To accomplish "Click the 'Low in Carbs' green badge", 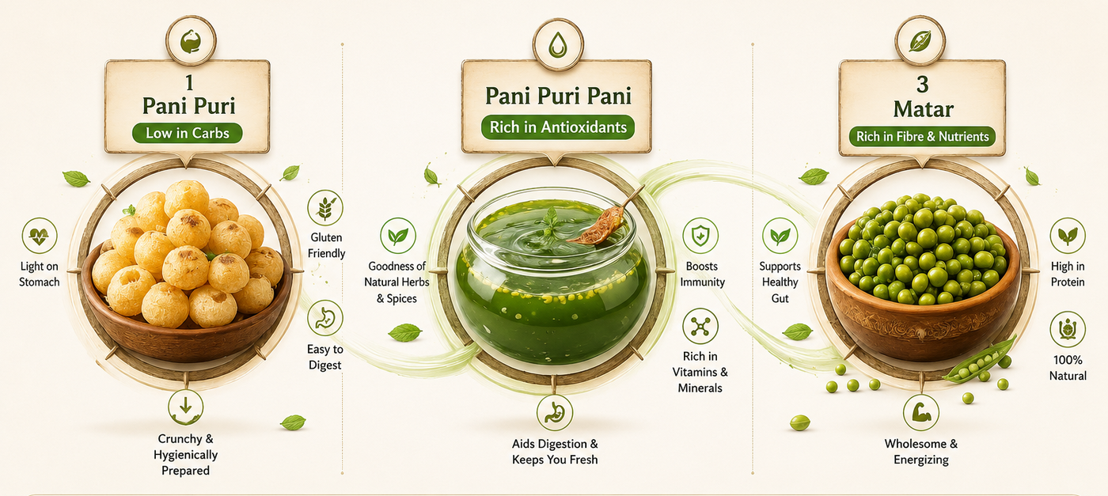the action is [187, 133].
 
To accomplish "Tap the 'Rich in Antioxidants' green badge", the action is [558, 127].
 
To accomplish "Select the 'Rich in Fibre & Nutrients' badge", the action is [923, 136].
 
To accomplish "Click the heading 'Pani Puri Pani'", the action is [558, 96].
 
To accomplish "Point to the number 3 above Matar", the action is [923, 84].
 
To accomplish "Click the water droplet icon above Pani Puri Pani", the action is [558, 45].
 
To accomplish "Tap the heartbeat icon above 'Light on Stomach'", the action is [40, 236].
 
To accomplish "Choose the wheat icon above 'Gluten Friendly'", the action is [325, 208].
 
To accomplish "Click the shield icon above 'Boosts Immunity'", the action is [700, 236].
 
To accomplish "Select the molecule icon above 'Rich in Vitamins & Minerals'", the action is [700, 327].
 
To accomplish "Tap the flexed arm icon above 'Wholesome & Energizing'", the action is [921, 412].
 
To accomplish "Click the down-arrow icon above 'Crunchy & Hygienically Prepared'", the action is [185, 407].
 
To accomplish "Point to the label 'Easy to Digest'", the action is [325, 357].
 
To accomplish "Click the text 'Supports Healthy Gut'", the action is [780, 282].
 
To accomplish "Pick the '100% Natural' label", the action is [1068, 367].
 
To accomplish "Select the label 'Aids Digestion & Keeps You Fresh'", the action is [555, 452].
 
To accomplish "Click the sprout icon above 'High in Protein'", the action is [1068, 236].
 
